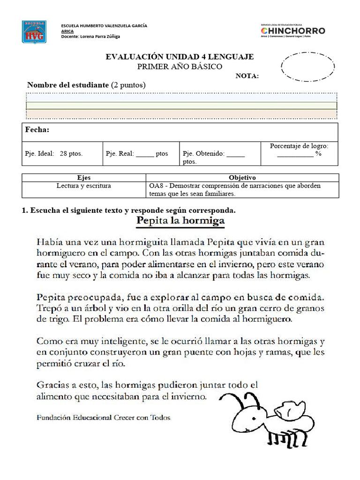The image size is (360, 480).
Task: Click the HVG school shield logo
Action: click(34, 32)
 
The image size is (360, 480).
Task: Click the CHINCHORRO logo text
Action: click(292, 30)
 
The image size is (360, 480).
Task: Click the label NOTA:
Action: click(247, 76)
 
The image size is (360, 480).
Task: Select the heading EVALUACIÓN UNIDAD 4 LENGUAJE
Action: click(180, 57)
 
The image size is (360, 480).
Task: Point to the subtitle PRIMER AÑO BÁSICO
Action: click(180, 67)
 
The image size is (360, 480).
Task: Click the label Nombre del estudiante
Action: click(68, 85)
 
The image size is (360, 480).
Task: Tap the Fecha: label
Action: click(37, 130)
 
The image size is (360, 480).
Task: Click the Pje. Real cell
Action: click(136, 154)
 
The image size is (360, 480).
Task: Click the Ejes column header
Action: click(83, 178)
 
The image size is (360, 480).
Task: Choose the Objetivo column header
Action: click(242, 178)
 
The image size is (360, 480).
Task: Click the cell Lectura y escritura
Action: click(83, 186)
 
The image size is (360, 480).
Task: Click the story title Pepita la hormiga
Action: click(180, 220)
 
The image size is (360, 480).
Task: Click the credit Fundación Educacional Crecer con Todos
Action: click(104, 417)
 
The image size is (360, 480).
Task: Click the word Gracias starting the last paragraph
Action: click(52, 385)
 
